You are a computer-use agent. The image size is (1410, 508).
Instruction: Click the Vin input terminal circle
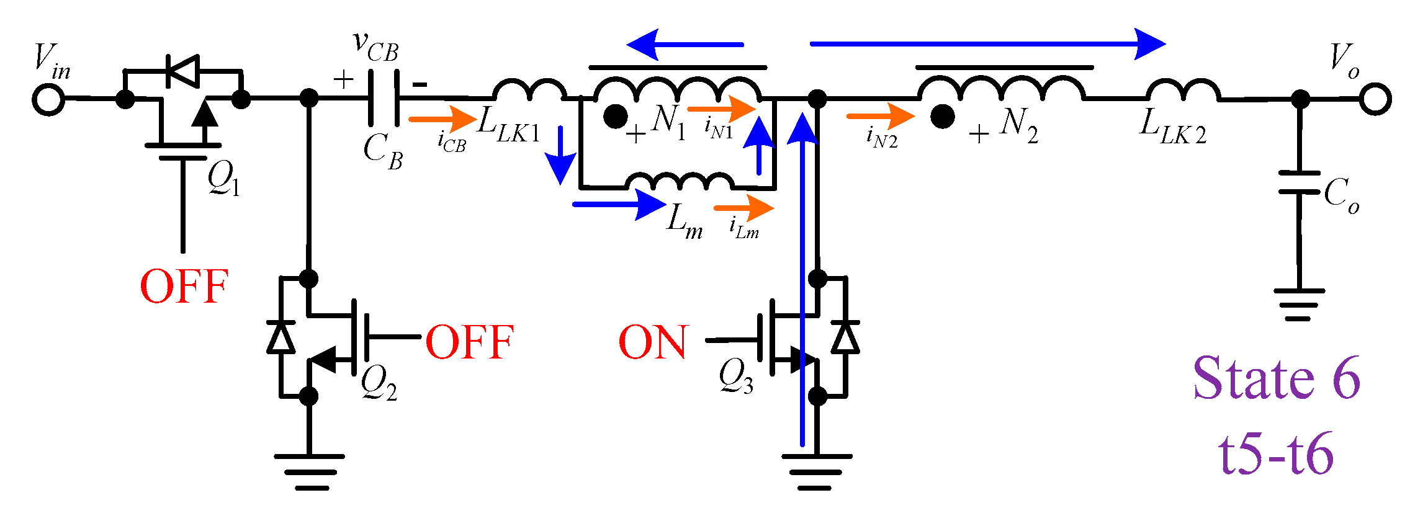(48, 99)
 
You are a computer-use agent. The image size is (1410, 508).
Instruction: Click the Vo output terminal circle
(1375, 99)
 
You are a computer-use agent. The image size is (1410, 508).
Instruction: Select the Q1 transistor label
(223, 179)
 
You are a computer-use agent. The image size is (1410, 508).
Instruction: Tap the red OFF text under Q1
(184, 287)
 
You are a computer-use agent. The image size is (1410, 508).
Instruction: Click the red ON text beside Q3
(653, 342)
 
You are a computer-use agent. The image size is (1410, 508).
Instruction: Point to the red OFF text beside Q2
(470, 342)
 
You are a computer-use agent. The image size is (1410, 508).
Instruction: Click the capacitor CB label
(383, 151)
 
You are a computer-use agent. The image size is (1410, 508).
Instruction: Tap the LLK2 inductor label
(1173, 128)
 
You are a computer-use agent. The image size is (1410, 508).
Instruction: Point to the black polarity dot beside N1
(616, 116)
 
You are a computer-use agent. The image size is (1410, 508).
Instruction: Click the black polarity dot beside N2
(942, 116)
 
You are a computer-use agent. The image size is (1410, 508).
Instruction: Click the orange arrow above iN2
(880, 116)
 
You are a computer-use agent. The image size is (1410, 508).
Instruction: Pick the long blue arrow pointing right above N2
(987, 44)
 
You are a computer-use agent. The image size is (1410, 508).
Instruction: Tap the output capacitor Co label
(1340, 195)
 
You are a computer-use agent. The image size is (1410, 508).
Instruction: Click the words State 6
(1277, 378)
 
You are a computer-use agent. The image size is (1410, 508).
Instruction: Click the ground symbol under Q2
(309, 471)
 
